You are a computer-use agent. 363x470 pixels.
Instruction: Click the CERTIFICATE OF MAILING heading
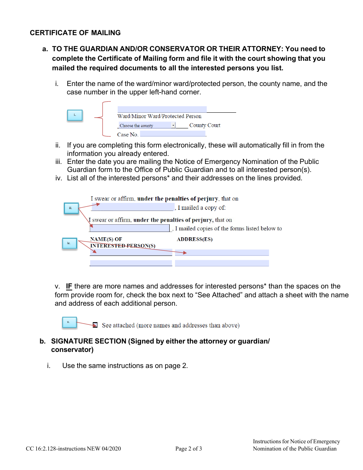tap(75, 33)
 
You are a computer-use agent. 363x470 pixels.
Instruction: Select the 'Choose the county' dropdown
tap(147, 125)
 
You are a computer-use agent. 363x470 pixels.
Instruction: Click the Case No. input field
tap(173, 134)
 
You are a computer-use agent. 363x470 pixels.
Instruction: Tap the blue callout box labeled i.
tap(75, 115)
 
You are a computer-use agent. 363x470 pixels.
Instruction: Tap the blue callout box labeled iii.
tap(71, 208)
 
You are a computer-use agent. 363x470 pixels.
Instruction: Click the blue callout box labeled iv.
tap(69, 243)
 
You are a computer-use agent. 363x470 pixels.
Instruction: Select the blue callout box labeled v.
tap(69, 323)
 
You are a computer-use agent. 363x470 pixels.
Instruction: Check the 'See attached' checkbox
tap(95, 325)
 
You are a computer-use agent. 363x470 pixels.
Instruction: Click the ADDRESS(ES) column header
tap(194, 240)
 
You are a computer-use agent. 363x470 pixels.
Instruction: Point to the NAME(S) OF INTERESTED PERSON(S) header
tap(122, 243)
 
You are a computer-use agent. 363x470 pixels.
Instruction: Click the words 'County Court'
tap(205, 125)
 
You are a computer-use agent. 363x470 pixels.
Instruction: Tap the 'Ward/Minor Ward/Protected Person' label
tap(159, 116)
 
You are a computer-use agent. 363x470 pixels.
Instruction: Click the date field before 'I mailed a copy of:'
tap(132, 207)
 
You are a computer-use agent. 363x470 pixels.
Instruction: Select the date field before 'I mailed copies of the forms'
tap(130, 228)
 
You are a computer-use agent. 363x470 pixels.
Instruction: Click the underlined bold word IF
tap(69, 286)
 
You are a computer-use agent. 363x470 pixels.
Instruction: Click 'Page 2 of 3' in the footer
tap(188, 449)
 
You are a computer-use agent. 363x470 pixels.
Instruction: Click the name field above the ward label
tap(162, 109)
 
